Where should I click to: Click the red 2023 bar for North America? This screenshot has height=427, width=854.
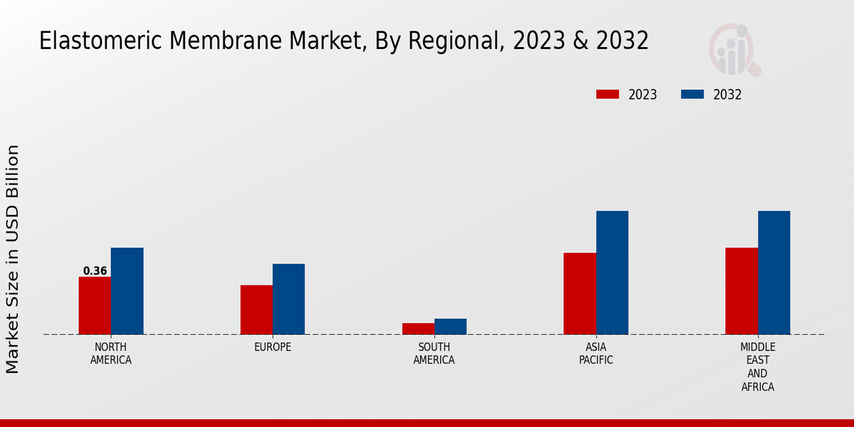point(95,305)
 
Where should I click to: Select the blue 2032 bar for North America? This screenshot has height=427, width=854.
point(127,291)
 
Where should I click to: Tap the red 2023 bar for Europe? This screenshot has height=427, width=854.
point(256,310)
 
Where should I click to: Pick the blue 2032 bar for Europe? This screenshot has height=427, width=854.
point(288,299)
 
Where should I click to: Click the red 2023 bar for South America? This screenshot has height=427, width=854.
point(418,329)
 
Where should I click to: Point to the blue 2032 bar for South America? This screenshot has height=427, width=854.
point(450,327)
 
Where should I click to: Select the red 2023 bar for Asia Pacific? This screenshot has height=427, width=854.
point(579,293)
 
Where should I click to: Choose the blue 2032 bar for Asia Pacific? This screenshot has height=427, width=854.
point(612,273)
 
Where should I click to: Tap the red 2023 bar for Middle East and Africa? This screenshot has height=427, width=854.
point(742,291)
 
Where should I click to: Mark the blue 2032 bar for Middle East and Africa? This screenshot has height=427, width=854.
point(774,273)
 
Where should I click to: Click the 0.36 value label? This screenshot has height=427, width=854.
point(95,271)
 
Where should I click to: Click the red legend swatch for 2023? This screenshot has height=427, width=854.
point(608,95)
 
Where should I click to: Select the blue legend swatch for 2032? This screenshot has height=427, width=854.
point(692,95)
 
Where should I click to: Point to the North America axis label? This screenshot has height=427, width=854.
point(111,354)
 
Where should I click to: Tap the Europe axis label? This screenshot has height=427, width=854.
point(273,347)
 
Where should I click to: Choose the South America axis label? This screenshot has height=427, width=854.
point(434,354)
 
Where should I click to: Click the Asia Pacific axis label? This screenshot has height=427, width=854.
point(596,354)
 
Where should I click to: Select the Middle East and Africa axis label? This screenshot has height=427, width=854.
point(757,367)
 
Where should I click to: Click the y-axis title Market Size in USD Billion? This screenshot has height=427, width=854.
point(13,259)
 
